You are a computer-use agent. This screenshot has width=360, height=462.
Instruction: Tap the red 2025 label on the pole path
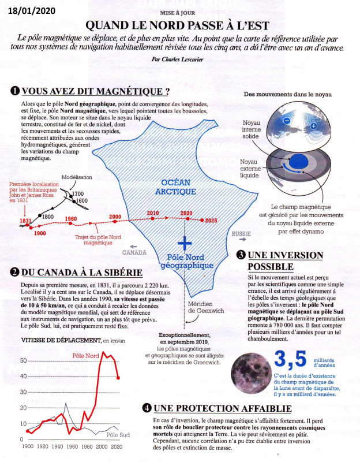pyautogui.click(x=211, y=221)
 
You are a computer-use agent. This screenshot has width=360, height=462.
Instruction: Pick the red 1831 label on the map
pyautogui.click(x=25, y=221)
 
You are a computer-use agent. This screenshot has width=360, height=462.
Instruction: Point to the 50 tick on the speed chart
pyautogui.click(x=23, y=360)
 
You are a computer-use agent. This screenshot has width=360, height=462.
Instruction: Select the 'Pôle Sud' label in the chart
pyautogui.click(x=117, y=434)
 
